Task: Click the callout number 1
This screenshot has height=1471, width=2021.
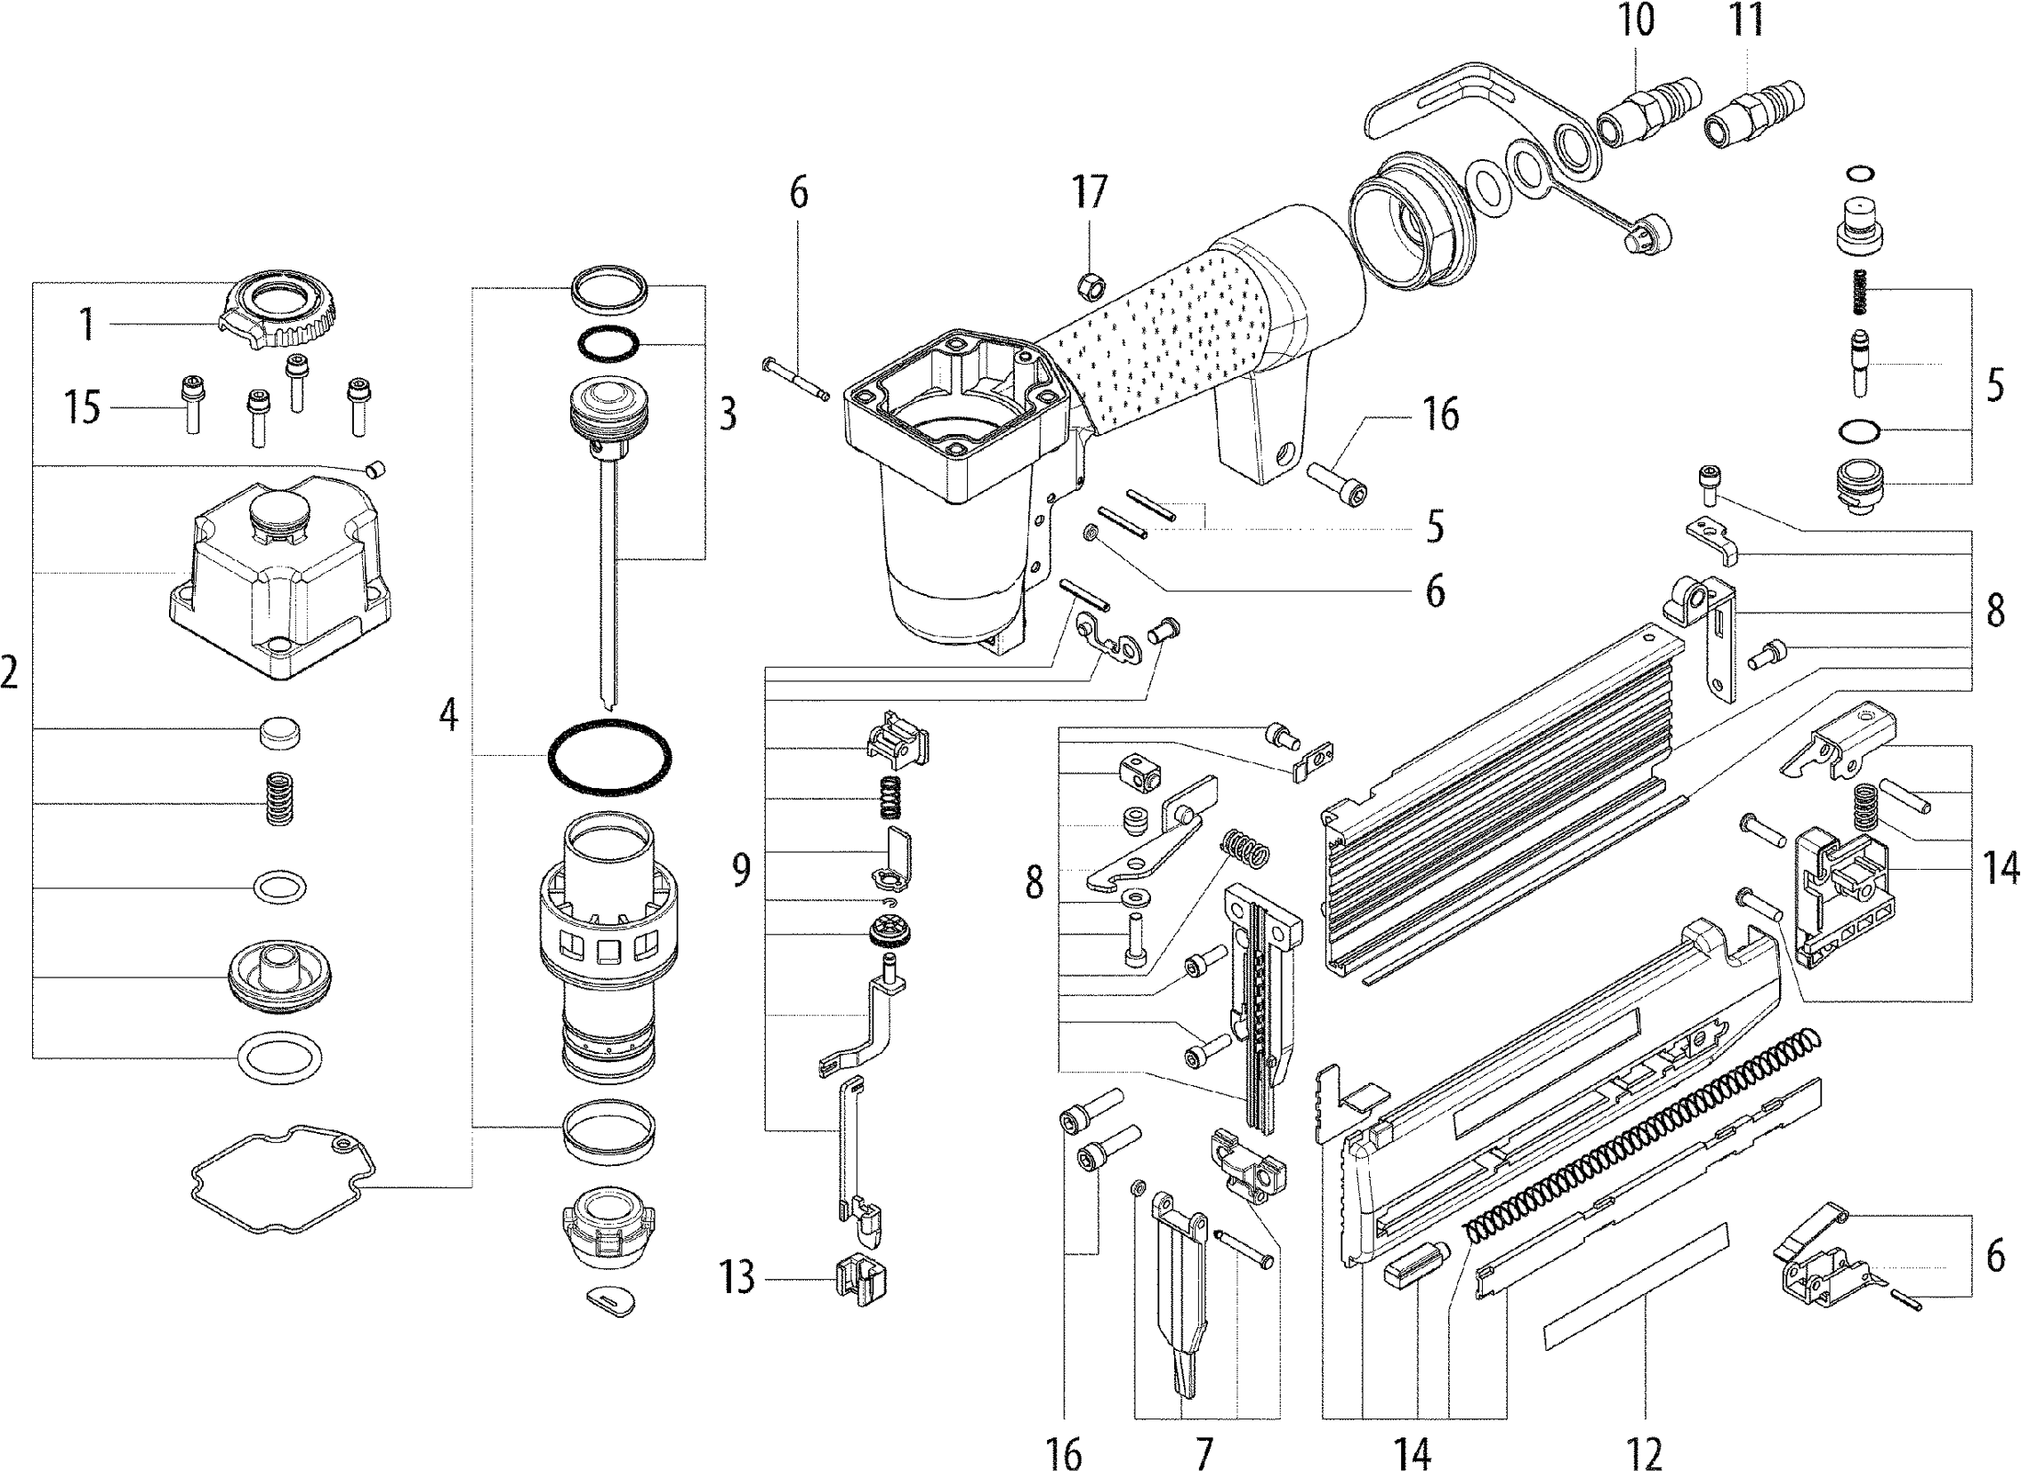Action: pos(86,325)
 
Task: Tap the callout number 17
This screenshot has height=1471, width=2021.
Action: pos(1089,190)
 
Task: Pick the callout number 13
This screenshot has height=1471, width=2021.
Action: pos(738,1277)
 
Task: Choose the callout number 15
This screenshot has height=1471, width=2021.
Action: pos(82,408)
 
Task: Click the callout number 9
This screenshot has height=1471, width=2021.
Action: pos(741,869)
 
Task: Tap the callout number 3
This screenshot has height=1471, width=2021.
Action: pos(728,414)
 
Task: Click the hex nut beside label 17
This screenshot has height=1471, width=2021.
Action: pos(1090,287)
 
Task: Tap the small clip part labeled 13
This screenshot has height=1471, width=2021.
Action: pos(861,1282)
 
